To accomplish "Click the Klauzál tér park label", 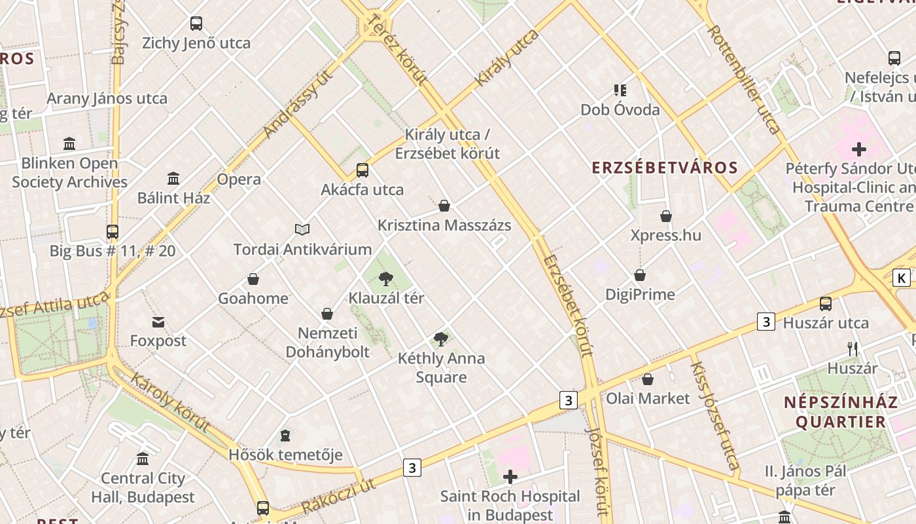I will (x=386, y=298).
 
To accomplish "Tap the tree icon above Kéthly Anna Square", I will (x=441, y=339).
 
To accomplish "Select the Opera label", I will (x=239, y=179).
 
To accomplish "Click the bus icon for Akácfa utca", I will (x=362, y=170).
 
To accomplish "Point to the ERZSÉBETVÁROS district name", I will (x=665, y=168).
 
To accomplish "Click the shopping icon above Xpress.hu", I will (x=666, y=216).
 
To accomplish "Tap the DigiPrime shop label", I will (x=640, y=295).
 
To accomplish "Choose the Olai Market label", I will (x=648, y=398).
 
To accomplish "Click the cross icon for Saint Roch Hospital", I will (x=510, y=477).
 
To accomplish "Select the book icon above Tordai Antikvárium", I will (x=302, y=229).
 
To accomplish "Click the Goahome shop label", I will (x=253, y=299).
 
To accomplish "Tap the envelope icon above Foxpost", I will (x=158, y=322).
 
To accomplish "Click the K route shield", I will (x=902, y=278).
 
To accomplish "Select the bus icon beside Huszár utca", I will (x=826, y=304).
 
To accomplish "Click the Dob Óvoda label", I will (x=620, y=110).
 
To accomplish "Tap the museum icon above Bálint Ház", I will (x=173, y=178).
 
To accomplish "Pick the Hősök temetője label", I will (x=285, y=455).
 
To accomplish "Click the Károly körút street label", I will (x=170, y=402).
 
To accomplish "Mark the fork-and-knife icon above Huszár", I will (x=852, y=348).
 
